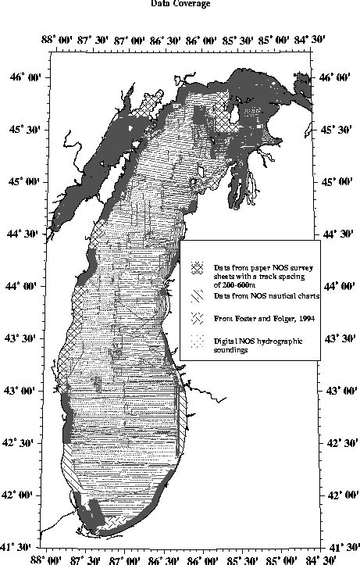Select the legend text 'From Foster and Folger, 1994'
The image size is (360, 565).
[x=252, y=319]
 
